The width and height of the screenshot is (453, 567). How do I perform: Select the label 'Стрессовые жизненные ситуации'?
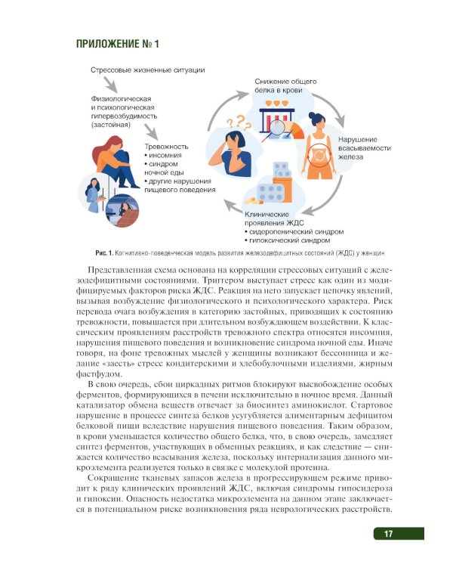(147, 70)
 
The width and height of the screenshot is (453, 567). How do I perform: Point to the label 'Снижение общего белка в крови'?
(285, 85)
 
